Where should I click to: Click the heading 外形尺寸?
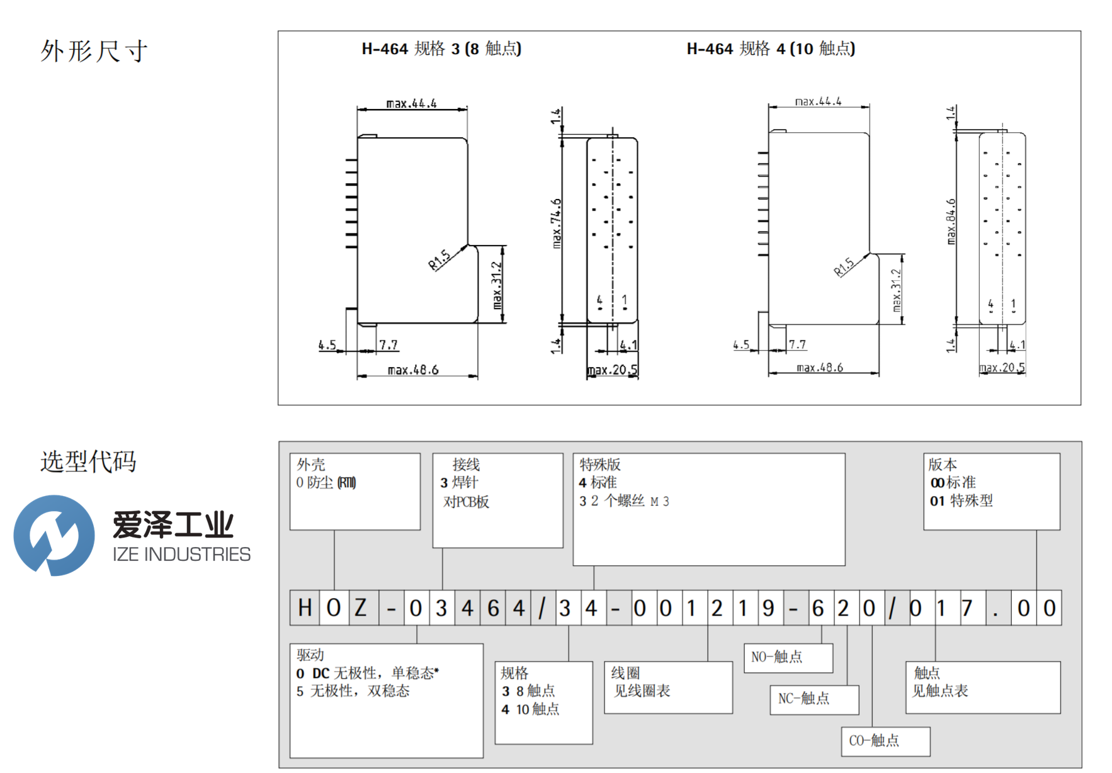pos(94,51)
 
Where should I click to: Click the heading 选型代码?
pos(88,461)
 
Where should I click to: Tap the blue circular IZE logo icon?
pos(54,535)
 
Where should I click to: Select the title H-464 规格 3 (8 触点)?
pos(441,48)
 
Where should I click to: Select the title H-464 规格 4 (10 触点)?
pos(770,48)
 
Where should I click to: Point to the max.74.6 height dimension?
pos(556,223)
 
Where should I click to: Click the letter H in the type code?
pos(305,608)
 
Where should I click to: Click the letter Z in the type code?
pos(360,608)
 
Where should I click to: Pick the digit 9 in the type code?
pos(768,608)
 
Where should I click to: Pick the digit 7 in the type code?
pos(967,608)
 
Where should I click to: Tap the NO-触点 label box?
pos(788,657)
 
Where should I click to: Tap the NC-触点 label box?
pos(814,699)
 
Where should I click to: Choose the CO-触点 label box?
pos(885,741)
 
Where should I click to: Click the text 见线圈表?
pos(642,691)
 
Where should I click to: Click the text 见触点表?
pos(940,691)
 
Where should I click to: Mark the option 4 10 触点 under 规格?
pos(530,709)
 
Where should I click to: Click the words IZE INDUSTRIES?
pos(181,555)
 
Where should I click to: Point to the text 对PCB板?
pos(466,502)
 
